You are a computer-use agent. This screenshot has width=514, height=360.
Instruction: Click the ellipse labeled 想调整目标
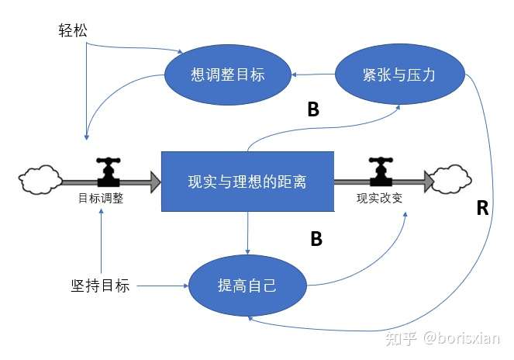pos(227,74)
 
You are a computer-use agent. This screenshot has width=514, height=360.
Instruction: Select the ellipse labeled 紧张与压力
pos(399,74)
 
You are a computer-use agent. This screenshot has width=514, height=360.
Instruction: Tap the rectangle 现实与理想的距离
pos(247,182)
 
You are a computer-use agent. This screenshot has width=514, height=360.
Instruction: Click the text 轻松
pos(73,32)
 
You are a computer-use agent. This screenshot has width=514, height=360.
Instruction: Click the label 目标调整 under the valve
pos(101,198)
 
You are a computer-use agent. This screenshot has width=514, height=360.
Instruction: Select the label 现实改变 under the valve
pos(379,198)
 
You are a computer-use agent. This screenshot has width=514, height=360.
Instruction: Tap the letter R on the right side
pos(481,208)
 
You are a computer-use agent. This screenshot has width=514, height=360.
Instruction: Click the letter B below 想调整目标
pos(312,110)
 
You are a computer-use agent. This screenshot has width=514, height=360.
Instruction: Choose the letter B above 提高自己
pos(316,239)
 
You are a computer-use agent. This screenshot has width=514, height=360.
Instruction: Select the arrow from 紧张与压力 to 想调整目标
pos(313,74)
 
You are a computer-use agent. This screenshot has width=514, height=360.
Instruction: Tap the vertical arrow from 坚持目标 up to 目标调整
pos(102,241)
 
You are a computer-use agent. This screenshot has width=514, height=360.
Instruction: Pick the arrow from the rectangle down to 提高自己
pos(247,233)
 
